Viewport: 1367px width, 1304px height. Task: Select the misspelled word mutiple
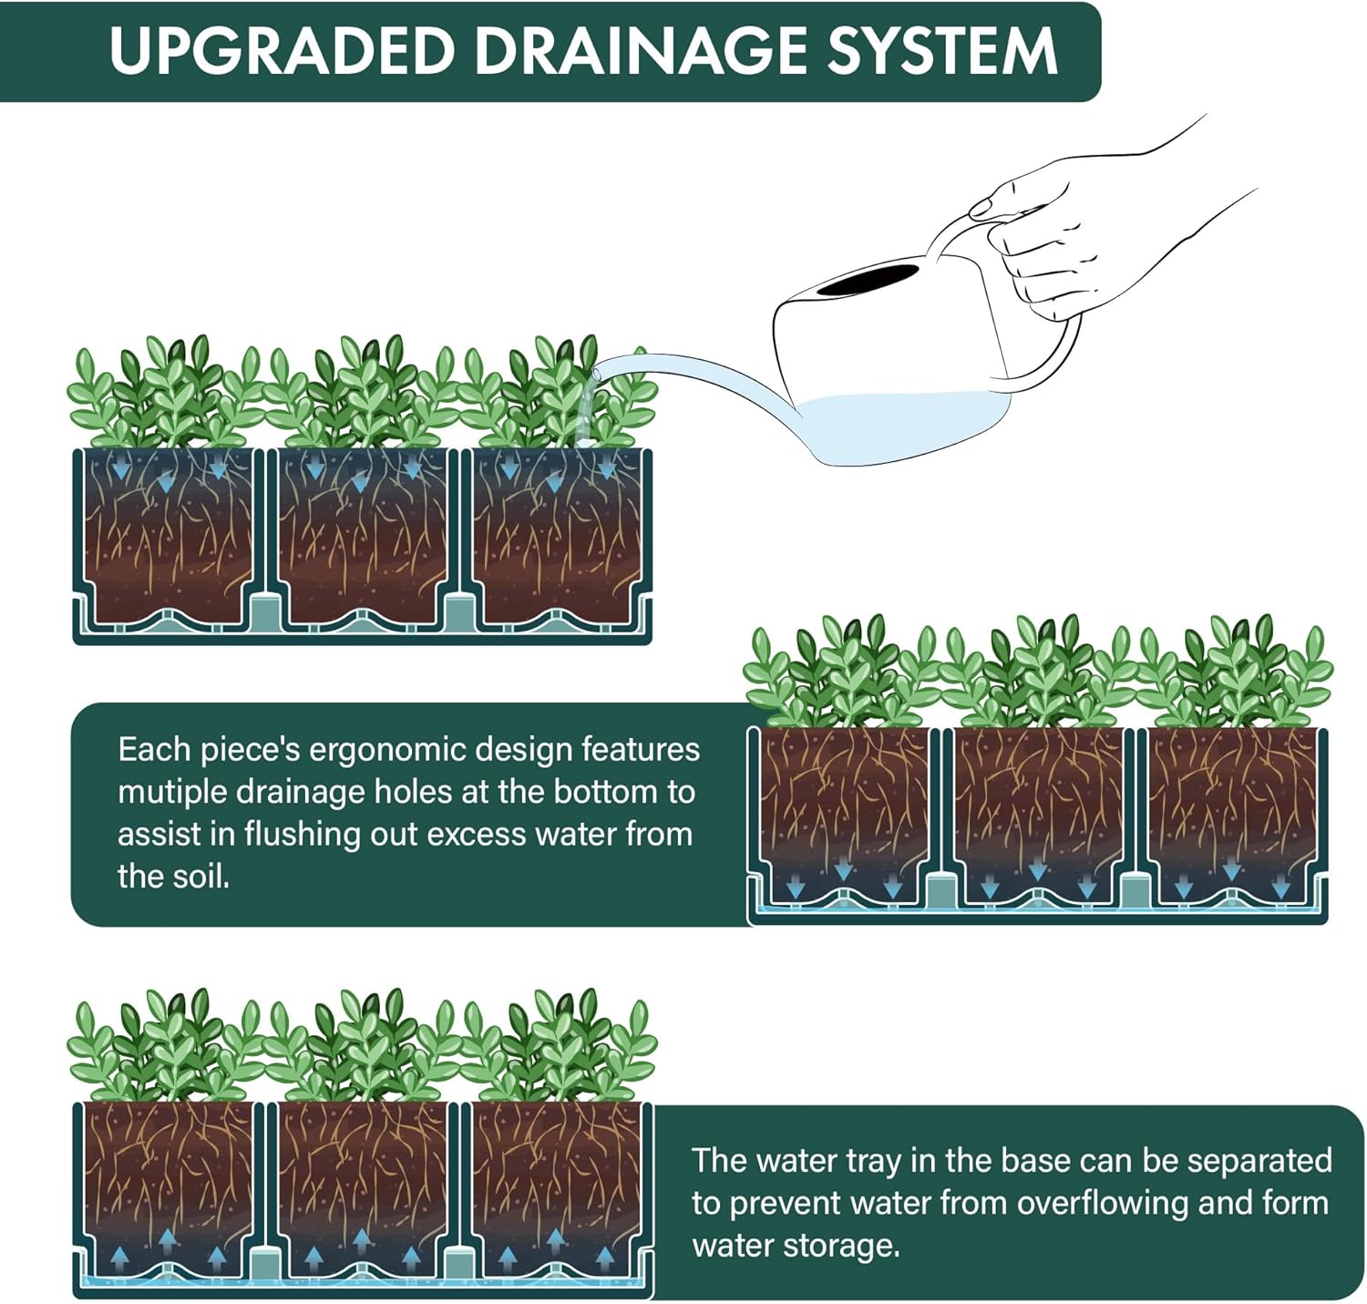[x=171, y=792]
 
